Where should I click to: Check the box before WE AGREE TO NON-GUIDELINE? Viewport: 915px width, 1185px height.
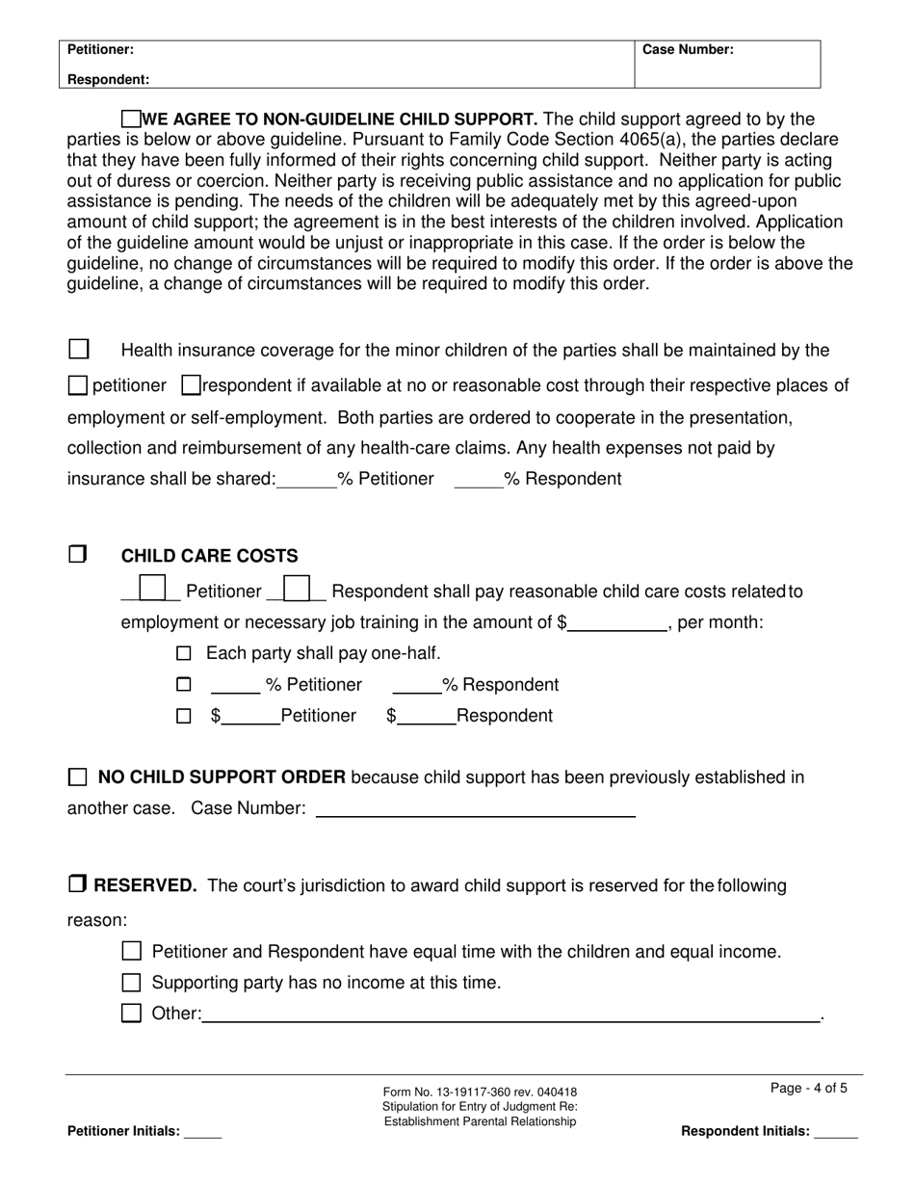[132, 119]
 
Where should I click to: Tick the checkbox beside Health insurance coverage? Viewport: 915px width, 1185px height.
[79, 349]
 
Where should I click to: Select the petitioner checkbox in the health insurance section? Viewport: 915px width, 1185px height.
[78, 385]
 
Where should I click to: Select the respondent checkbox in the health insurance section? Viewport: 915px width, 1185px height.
[191, 385]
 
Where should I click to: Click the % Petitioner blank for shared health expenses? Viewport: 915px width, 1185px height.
[306, 479]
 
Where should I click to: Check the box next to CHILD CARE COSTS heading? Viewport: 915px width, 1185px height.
[78, 555]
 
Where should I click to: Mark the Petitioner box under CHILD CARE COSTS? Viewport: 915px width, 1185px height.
[152, 589]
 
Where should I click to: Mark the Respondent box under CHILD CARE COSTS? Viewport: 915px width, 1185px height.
[298, 589]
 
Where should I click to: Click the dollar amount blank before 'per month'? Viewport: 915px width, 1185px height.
[617, 622]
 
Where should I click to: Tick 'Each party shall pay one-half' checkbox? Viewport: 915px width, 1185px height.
[184, 653]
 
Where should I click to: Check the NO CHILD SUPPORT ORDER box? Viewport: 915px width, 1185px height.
[78, 777]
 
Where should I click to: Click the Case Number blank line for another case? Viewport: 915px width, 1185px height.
[475, 808]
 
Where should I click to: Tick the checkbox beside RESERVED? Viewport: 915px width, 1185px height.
[78, 883]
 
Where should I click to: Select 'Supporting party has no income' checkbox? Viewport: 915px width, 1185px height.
[132, 983]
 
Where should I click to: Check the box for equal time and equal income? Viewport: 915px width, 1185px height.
[132, 951]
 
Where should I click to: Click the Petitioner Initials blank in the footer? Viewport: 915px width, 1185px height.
[202, 1132]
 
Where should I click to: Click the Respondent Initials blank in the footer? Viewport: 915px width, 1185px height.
[835, 1132]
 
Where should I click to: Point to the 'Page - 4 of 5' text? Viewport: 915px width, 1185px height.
[809, 1089]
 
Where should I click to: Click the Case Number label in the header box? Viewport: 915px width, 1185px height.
[688, 50]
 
